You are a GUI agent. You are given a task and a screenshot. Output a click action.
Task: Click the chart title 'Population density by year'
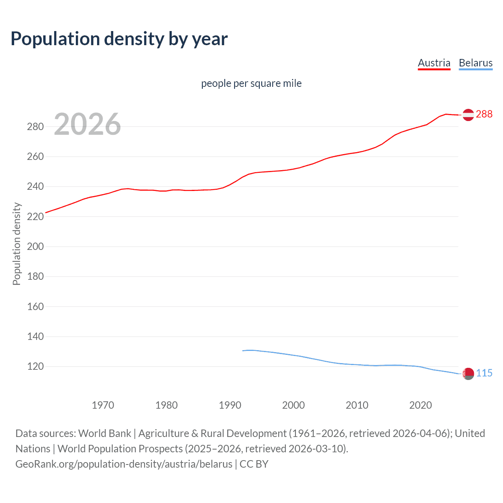(119, 39)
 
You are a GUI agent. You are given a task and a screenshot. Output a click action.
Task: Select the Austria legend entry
(434, 63)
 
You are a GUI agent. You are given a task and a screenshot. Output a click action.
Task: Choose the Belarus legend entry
(475, 63)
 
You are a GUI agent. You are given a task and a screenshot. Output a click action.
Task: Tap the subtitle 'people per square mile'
(251, 83)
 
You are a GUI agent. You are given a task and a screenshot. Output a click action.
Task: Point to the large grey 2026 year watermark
(87, 124)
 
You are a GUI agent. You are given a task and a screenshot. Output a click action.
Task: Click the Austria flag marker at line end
(468, 115)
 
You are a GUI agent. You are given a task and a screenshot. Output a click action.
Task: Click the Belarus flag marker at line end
(468, 373)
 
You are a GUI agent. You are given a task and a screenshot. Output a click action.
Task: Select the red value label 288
(484, 114)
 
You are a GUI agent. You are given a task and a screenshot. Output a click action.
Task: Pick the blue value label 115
(484, 373)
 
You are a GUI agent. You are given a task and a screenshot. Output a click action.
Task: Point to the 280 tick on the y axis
(35, 127)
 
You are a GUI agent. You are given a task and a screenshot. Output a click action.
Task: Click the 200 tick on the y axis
(35, 246)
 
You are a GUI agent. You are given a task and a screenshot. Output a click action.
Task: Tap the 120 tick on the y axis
(35, 366)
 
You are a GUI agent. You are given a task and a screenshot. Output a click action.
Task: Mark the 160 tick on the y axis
(35, 307)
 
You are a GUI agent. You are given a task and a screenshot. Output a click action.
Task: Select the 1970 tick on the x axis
(103, 405)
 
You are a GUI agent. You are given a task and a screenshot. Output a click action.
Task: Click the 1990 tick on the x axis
(230, 405)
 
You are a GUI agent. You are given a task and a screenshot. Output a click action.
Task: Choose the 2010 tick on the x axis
(357, 405)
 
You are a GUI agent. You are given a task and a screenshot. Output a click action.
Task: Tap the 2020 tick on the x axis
(420, 405)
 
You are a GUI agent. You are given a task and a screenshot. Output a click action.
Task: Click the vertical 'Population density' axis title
(17, 244)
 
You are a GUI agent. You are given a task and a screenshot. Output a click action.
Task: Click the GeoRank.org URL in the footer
(124, 464)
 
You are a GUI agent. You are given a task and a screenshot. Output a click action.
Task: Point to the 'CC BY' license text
(254, 464)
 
